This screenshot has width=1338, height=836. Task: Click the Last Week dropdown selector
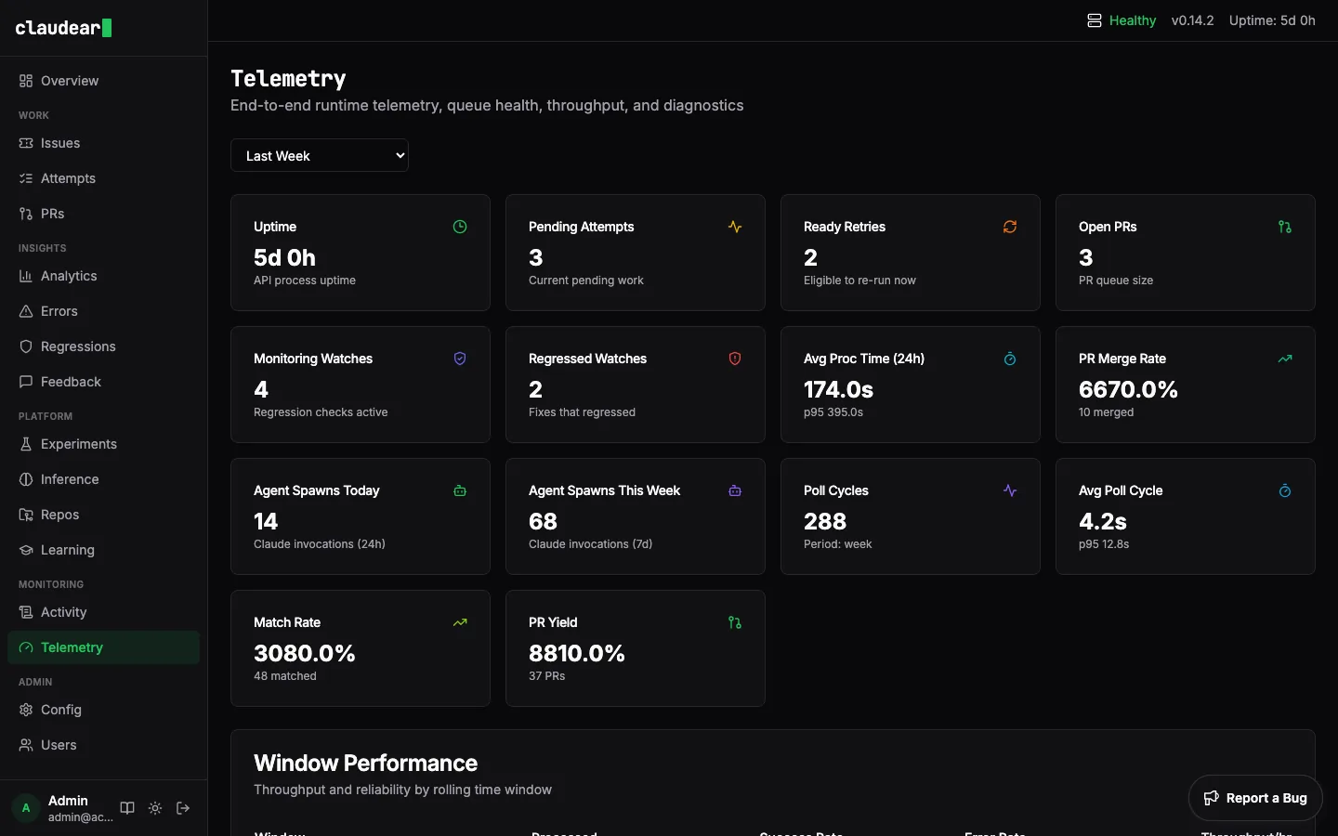319,156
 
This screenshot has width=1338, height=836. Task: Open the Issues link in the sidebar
60,143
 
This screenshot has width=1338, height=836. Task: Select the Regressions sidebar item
78,346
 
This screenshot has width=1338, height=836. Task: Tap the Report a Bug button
1255,798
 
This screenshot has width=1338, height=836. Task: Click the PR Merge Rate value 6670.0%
1128,389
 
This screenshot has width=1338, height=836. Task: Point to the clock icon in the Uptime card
460,227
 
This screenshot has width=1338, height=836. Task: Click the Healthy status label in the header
1132,20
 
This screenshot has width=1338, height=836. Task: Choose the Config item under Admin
61,710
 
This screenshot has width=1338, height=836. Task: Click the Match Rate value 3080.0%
305,653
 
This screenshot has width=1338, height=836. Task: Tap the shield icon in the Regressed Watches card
735,359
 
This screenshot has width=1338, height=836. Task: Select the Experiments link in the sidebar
79,444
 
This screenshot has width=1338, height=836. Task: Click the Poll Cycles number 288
825,521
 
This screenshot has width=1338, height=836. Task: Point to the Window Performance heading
365,763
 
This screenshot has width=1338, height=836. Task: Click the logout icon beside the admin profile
183,808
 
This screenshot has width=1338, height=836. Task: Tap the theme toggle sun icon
155,808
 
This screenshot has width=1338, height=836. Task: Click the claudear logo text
58,28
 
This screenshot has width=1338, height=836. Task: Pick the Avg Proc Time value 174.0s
838,389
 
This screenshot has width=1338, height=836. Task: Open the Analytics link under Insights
69,276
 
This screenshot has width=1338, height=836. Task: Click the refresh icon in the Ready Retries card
1010,227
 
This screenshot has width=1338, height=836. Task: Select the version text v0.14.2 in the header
1192,20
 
